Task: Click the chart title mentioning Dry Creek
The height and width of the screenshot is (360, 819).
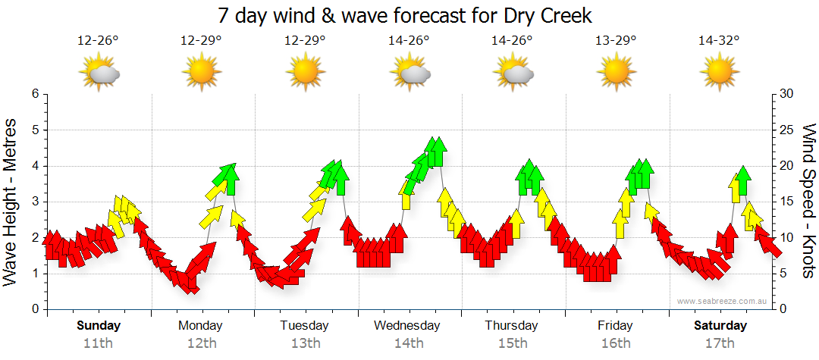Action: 404,15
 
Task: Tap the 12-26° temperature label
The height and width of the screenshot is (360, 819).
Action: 98,41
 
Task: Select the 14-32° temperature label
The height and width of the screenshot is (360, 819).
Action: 719,41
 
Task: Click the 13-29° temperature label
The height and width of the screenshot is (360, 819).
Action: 615,41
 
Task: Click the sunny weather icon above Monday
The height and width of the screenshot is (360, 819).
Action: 201,73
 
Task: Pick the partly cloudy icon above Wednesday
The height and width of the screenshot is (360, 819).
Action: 410,73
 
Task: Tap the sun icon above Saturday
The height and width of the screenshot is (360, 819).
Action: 719,73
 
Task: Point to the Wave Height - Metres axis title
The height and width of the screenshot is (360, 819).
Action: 12,201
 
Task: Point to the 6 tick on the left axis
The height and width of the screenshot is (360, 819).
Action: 34,94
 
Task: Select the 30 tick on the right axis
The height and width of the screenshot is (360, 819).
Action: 786,94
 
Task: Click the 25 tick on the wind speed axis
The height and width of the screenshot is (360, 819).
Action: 786,130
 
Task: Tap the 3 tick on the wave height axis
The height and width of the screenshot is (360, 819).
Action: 34,202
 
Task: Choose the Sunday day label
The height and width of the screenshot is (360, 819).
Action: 99,326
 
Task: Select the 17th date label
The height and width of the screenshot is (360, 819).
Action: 720,343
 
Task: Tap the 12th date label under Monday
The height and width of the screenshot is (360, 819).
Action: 201,343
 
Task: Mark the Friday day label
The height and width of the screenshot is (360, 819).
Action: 615,326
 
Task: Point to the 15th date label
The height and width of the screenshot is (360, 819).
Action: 513,343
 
